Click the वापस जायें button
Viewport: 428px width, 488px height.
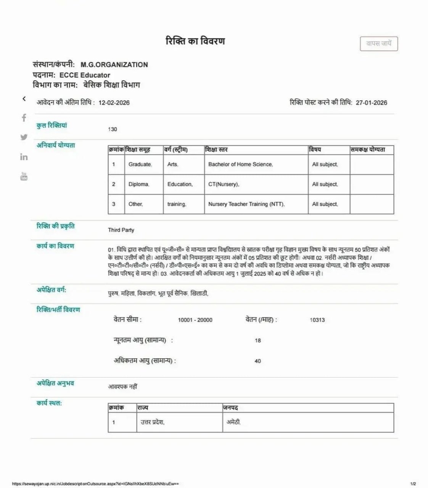click(x=379, y=43)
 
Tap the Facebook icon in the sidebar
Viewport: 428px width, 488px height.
click(x=24, y=118)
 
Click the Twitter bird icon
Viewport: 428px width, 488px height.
click(x=24, y=137)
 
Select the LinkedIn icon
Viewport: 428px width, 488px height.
click(x=24, y=157)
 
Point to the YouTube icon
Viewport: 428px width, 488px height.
click(x=24, y=176)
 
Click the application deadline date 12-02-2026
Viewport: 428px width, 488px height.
click(x=114, y=103)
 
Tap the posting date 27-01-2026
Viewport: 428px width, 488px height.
click(x=371, y=103)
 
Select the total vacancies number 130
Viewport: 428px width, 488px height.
click(x=113, y=129)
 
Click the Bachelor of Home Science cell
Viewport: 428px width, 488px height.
click(x=240, y=164)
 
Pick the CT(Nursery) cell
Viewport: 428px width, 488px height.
click(x=224, y=184)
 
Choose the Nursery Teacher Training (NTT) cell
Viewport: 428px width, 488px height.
click(x=246, y=204)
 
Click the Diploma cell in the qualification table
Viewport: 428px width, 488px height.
click(x=138, y=184)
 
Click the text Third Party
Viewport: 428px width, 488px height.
click(x=121, y=230)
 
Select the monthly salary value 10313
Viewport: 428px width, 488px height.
click(x=317, y=320)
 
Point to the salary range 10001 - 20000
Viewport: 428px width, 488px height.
click(x=195, y=320)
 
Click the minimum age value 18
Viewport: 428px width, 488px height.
click(x=258, y=340)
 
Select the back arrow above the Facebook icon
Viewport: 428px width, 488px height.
click(x=24, y=99)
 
